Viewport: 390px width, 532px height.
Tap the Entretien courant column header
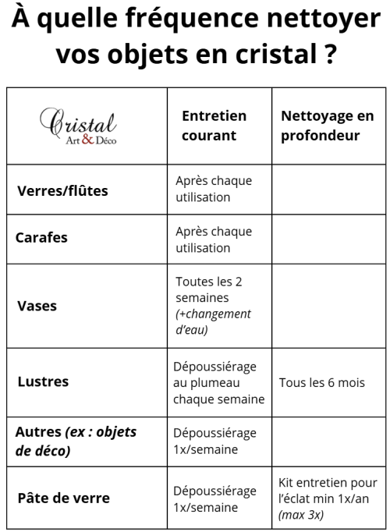click(214, 126)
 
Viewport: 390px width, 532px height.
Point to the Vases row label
click(37, 305)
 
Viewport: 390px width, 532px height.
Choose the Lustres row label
click(43, 381)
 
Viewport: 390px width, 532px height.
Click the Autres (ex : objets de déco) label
click(76, 442)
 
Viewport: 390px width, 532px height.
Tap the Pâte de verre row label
click(63, 498)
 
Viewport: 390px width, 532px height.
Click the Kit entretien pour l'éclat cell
click(328, 498)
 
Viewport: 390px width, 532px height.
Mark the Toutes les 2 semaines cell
click(214, 305)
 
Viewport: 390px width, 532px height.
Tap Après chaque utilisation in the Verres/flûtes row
click(214, 189)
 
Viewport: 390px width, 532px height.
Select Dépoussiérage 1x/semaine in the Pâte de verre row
click(214, 498)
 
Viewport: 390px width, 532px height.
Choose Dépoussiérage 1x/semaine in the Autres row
click(214, 441)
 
